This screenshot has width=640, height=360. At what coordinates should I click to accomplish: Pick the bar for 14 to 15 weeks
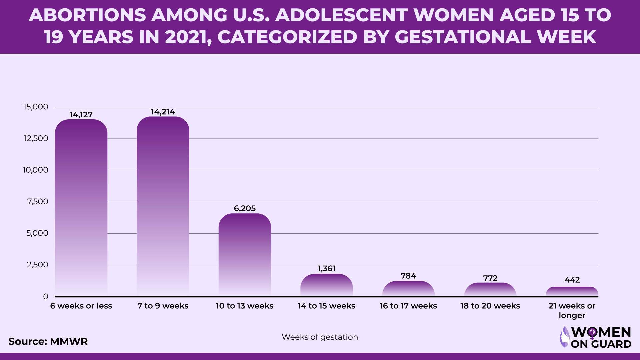326,285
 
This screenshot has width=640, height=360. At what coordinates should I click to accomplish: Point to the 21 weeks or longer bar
572,291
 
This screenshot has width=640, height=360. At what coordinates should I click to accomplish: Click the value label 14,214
163,112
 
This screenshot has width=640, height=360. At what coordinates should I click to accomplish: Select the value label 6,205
245,209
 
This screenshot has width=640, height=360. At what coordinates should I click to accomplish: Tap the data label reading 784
408,276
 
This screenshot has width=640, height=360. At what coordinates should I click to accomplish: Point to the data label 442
572,280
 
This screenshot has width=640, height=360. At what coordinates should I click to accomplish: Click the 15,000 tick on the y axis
36,107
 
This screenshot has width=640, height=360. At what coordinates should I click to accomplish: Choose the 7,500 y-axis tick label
38,202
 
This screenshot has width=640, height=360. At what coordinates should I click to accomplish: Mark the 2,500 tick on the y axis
37,265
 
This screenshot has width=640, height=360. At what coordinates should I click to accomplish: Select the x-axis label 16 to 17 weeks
408,306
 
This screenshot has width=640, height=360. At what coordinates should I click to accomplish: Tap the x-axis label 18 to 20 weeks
490,306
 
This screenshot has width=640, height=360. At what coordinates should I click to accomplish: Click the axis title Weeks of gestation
320,337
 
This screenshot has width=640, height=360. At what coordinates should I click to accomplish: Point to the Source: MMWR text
48,342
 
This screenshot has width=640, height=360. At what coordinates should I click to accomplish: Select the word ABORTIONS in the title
87,15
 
